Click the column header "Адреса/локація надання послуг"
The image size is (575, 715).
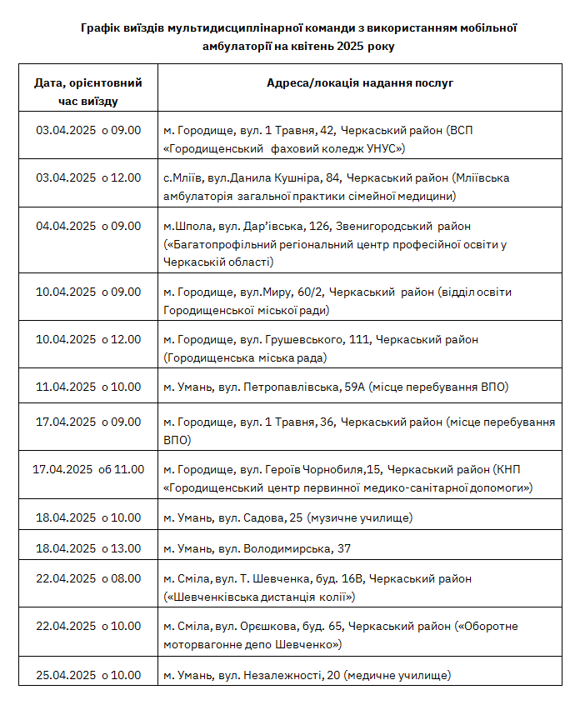360,83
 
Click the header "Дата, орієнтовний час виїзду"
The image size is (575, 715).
88,92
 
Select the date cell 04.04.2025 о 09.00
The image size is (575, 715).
88,225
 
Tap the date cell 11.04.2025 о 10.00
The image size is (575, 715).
88,387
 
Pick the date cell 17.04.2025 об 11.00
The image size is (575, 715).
88,469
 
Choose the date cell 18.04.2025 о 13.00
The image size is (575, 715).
88,548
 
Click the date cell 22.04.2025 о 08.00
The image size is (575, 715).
88,578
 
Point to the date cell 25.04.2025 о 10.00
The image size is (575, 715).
88,675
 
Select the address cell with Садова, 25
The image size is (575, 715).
287,518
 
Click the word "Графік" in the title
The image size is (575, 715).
101,28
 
